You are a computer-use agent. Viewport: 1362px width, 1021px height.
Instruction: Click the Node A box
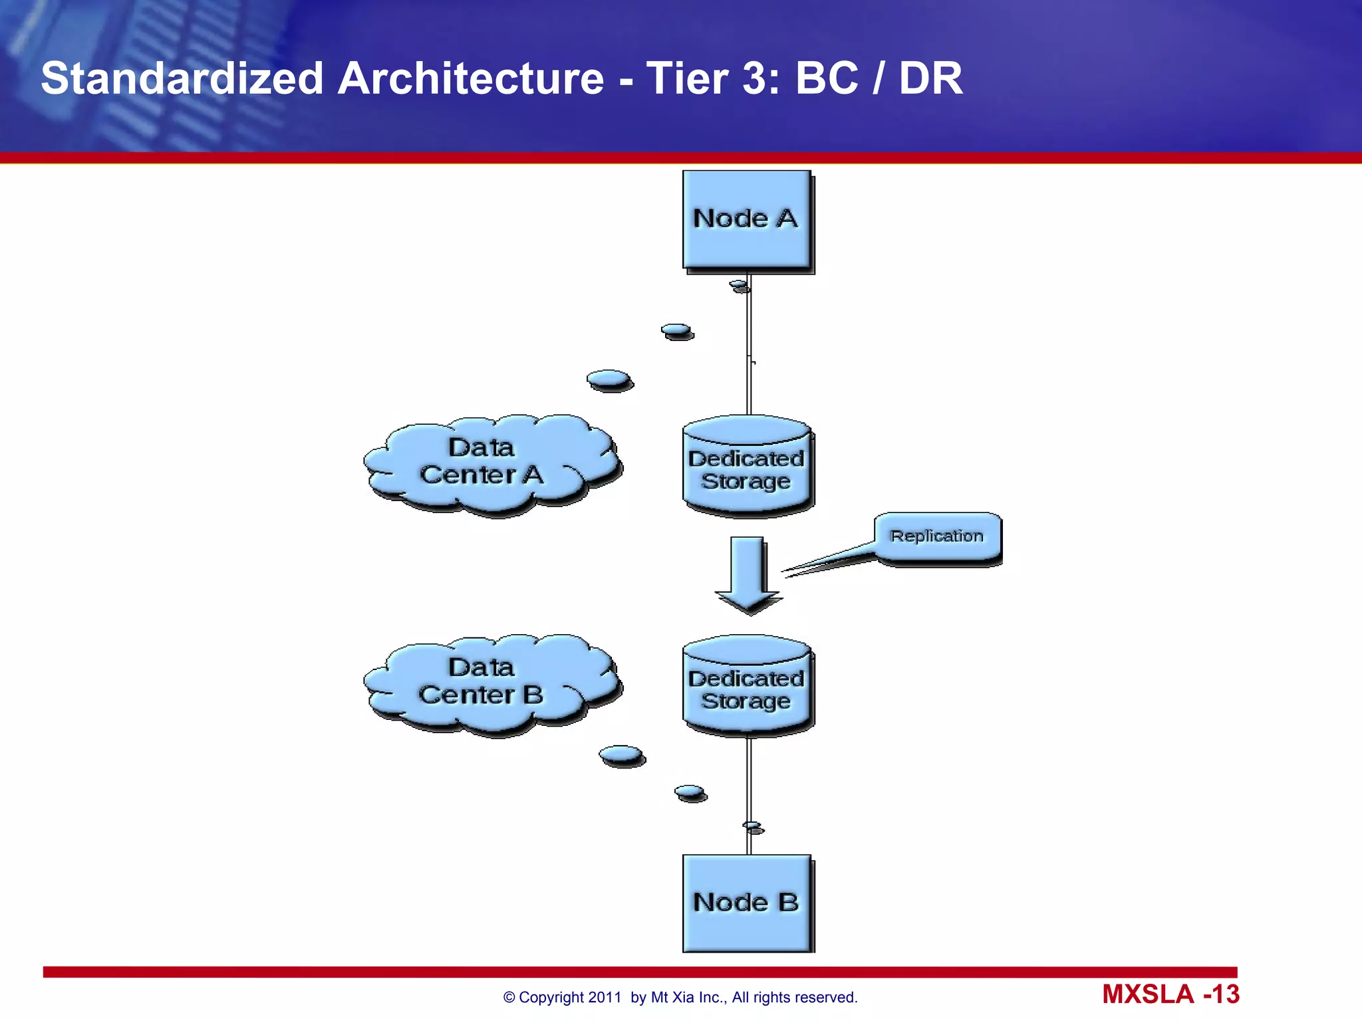[746, 220]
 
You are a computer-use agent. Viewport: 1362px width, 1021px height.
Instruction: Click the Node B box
[746, 903]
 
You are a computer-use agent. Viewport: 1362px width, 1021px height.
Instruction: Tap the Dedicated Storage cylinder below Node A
[746, 469]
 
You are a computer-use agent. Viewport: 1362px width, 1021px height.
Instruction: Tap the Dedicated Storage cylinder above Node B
[746, 688]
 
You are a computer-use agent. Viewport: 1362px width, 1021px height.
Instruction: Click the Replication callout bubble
[936, 536]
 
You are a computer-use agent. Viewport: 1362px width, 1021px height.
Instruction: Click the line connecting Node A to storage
[749, 346]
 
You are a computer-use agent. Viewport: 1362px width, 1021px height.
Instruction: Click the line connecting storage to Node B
[749, 778]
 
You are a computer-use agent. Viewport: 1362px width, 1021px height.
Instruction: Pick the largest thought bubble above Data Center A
[609, 379]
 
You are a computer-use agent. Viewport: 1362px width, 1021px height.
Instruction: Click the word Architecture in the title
[471, 78]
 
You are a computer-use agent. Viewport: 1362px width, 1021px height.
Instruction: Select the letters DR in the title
[930, 78]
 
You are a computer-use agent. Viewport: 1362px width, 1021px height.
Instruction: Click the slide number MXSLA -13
[1170, 994]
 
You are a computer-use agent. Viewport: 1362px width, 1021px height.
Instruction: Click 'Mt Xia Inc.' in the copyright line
[688, 997]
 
